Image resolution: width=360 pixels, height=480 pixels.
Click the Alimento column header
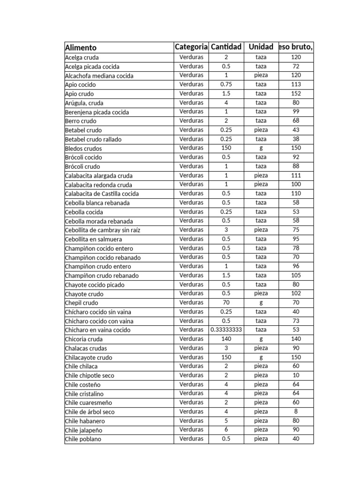pyautogui.click(x=81, y=47)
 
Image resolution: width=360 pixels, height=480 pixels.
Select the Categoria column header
pyautogui.click(x=191, y=47)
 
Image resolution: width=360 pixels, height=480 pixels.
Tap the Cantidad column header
pyautogui.click(x=226, y=47)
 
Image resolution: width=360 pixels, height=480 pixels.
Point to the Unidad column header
pyautogui.click(x=261, y=47)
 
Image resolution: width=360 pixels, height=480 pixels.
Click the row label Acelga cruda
pyautogui.click(x=82, y=58)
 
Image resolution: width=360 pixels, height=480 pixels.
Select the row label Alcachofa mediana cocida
pyautogui.click(x=99, y=76)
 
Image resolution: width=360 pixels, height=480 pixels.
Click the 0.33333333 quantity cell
pyautogui.click(x=226, y=330)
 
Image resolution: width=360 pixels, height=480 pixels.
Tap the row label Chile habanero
pyautogui.click(x=84, y=421)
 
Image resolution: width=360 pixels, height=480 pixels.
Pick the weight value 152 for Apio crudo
pyautogui.click(x=296, y=93)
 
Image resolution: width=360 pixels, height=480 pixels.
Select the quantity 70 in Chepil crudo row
pyautogui.click(x=226, y=302)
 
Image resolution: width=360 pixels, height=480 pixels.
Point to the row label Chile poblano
pyautogui.click(x=83, y=439)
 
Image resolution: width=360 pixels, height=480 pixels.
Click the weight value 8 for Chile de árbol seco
pyautogui.click(x=296, y=412)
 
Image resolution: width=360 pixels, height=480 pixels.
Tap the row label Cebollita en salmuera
pyautogui.click(x=93, y=239)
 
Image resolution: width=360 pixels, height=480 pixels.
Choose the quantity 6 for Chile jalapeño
pyautogui.click(x=226, y=429)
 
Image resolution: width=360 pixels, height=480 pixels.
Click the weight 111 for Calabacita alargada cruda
pyautogui.click(x=296, y=175)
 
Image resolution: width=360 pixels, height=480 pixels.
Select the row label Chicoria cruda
pyautogui.click(x=83, y=339)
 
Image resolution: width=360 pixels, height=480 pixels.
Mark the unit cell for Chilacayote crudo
pyautogui.click(x=261, y=357)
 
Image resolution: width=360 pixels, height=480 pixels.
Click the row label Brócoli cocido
pyautogui.click(x=83, y=157)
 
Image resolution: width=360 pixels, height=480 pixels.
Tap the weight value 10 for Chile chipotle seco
pyautogui.click(x=296, y=375)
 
